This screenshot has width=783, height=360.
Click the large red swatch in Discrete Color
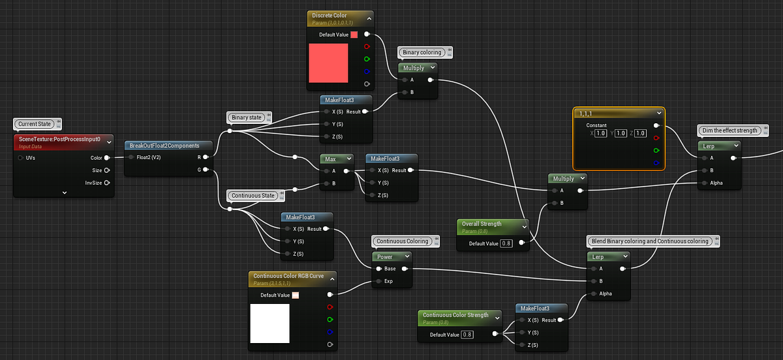pyautogui.click(x=328, y=63)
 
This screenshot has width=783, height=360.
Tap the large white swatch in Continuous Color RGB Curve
pyautogui.click(x=269, y=323)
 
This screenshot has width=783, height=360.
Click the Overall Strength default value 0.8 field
pyautogui.click(x=506, y=243)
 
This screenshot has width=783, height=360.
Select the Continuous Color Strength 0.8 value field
pyautogui.click(x=467, y=335)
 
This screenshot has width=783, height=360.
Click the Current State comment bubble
pyautogui.click(x=35, y=123)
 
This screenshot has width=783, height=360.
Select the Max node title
pyautogui.click(x=331, y=158)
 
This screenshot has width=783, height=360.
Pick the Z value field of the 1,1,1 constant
pyautogui.click(x=641, y=133)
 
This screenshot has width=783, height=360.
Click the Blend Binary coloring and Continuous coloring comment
pyautogui.click(x=650, y=241)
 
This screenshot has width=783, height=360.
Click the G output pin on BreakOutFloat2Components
pyautogui.click(x=206, y=170)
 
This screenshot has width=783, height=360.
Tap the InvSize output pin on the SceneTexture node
pyautogui.click(x=106, y=183)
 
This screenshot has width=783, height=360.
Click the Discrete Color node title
pyautogui.click(x=330, y=15)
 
